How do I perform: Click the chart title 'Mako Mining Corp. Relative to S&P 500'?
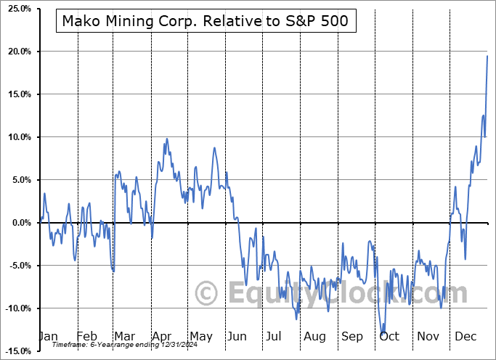pyautogui.click(x=206, y=22)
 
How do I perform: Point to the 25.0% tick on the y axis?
pyautogui.click(x=16, y=9)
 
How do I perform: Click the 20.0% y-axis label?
pyautogui.click(x=16, y=52)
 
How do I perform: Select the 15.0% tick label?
pyautogui.click(x=16, y=94)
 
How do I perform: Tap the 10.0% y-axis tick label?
pyautogui.click(x=16, y=137)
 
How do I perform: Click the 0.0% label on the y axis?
pyautogui.click(x=18, y=223)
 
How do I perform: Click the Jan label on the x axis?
pyautogui.click(x=47, y=337)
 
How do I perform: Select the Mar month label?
pyautogui.click(x=123, y=337)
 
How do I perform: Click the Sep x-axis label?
pyautogui.click(x=352, y=337)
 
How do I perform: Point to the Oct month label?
pyautogui.click(x=389, y=337)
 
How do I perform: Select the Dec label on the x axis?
pyautogui.click(x=465, y=337)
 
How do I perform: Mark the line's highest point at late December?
pyautogui.click(x=487, y=56)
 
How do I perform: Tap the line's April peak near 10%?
pyautogui.click(x=167, y=139)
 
